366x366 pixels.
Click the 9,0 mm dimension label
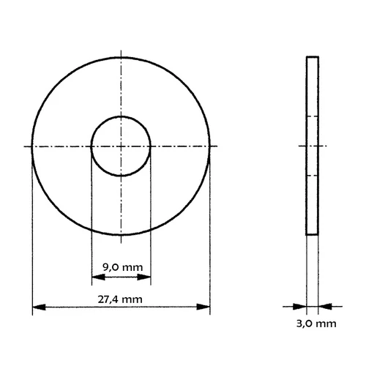tap(122, 268)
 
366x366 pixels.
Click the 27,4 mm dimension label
tap(120, 299)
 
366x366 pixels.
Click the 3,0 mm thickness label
tap(316, 324)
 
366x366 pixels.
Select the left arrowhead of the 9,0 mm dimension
tap(98, 277)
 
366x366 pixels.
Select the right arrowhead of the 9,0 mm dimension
tap(144, 277)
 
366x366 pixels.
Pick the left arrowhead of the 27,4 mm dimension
tap(39, 307)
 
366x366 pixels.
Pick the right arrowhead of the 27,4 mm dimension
tap(203, 307)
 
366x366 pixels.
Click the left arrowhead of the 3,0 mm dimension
tap(300, 307)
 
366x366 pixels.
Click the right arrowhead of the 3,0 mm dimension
tap(325, 307)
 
